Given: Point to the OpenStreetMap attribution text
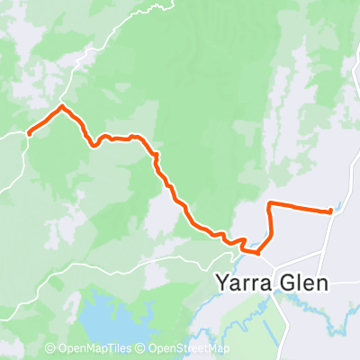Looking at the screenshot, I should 189,349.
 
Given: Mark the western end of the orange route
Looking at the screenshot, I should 30,133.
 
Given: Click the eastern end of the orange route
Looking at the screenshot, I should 331,211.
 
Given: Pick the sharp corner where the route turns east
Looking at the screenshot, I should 270,204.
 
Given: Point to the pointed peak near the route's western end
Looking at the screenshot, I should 61,107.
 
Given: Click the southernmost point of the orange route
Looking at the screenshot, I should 257,253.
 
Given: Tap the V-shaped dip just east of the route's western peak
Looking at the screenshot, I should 92,142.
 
